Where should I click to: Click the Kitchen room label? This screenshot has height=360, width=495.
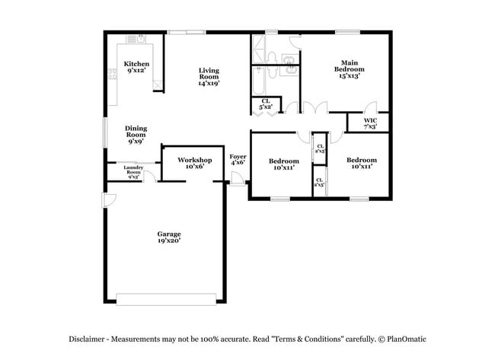point(136,67)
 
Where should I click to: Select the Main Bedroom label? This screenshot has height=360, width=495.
point(349,68)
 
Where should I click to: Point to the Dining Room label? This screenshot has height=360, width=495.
point(136,135)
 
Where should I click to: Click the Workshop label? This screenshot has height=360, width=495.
point(194,163)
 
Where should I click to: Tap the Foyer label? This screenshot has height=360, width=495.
point(238,159)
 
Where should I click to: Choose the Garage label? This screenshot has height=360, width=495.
point(168,237)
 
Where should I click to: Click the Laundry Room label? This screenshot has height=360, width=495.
point(134,170)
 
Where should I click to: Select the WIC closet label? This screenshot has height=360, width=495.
point(370,123)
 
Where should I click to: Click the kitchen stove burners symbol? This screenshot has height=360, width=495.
point(112,74)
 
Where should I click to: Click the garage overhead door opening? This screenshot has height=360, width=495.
point(167,298)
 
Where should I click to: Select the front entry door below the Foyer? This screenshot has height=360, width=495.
point(237,182)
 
